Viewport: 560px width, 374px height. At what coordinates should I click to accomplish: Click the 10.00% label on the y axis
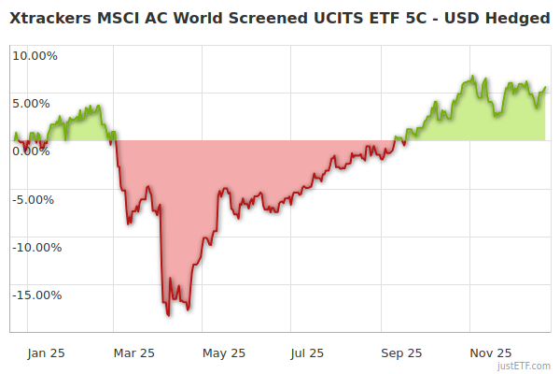(35, 55)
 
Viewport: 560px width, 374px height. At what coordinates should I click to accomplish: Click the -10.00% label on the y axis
(35, 248)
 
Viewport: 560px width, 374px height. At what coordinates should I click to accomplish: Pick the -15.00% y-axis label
(35, 295)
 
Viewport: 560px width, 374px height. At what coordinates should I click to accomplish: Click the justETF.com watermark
(525, 366)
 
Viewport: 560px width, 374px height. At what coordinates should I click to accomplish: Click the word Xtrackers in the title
(52, 18)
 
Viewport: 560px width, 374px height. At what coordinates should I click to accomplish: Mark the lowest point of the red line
(169, 315)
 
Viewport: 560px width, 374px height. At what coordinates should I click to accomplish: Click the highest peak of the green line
(473, 77)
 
